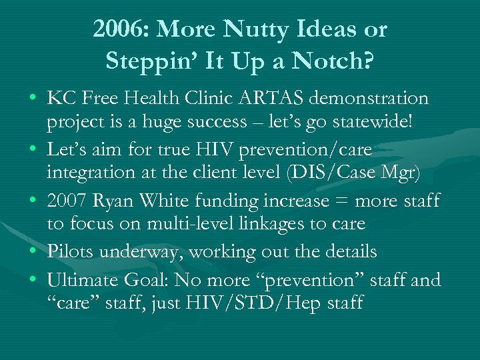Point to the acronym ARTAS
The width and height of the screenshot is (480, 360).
coord(269,99)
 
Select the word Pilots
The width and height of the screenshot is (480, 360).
coord(69,251)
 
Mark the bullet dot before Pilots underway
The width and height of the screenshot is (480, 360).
coord(33,252)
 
